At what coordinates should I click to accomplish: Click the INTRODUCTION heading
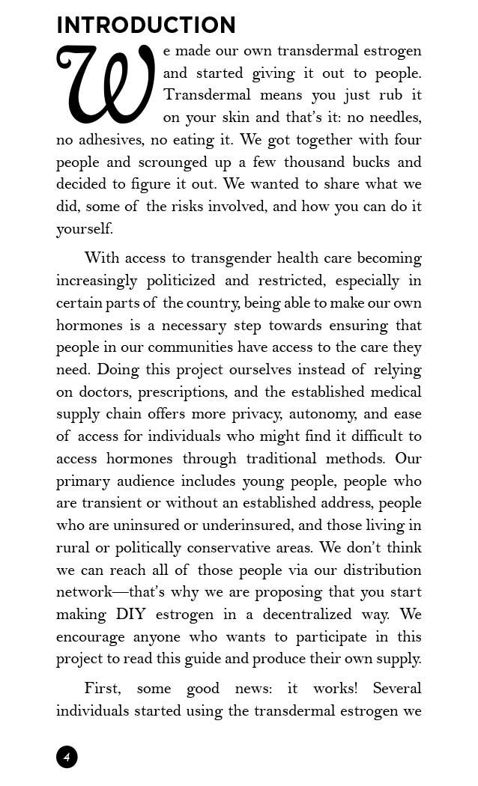146,25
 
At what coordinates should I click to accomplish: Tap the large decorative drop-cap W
105,85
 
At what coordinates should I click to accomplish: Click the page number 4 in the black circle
67,757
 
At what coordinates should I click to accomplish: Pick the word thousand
316,162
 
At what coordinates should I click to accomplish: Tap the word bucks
372,162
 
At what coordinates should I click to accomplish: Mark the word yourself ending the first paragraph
84,229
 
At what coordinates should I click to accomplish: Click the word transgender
230,258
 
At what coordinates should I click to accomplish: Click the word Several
397,688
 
